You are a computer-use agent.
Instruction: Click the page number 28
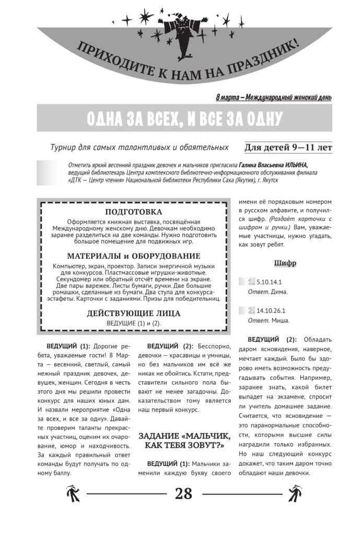[183, 493]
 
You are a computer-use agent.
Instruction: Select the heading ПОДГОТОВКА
[134, 212]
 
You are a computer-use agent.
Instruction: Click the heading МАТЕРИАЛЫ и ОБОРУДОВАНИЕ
[134, 256]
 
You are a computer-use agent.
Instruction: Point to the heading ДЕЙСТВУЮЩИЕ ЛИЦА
[134, 313]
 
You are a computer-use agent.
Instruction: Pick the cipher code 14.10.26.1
[271, 310]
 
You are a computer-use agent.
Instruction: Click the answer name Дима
[280, 292]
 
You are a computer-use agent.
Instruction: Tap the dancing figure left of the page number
[72, 493]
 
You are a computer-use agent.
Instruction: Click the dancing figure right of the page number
[296, 493]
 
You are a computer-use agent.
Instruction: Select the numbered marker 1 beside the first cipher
[251, 282]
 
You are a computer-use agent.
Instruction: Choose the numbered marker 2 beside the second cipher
[251, 310]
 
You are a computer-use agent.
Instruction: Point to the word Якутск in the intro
[268, 180]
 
